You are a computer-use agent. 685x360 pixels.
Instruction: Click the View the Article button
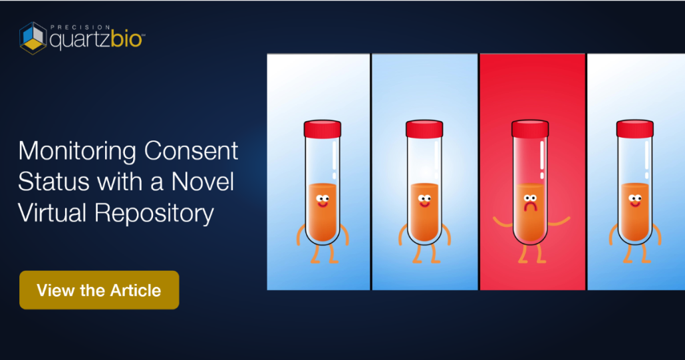coord(99,290)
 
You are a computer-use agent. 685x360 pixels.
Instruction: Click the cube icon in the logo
coord(33,38)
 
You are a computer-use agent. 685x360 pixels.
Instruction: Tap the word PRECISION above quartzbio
coord(80,27)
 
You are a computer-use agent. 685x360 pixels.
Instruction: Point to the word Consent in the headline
coord(192,151)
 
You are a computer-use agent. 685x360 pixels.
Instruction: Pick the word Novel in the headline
coord(203,182)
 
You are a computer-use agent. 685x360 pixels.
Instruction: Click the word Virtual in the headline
coord(52,213)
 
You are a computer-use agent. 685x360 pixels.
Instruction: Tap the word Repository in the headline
coord(154,214)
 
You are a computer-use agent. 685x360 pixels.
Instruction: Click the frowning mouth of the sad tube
coord(530,207)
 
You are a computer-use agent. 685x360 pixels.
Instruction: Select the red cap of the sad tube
coord(530,129)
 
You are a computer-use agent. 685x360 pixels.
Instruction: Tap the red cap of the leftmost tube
coord(323,129)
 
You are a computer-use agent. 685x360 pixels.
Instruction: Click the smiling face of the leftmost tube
coord(323,201)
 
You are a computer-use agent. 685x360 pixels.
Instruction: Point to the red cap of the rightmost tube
coord(634,129)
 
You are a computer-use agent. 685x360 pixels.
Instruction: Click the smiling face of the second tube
coord(424,201)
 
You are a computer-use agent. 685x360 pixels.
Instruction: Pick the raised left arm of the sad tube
coord(502,223)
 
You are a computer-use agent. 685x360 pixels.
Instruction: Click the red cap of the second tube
coord(424,129)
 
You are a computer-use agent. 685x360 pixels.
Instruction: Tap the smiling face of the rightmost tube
coord(635,201)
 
